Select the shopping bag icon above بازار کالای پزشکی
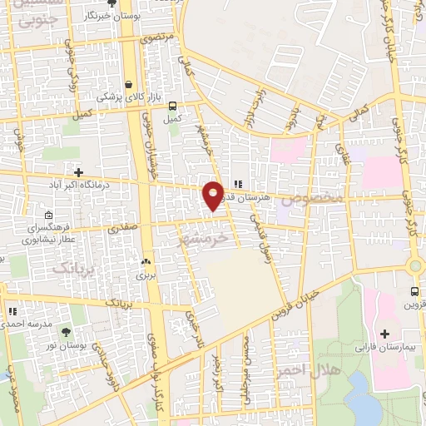[128, 84]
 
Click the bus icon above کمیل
[172, 106]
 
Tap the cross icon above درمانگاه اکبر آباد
[79, 171]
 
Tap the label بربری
[146, 273]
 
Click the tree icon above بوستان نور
[66, 334]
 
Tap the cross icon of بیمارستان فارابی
[384, 334]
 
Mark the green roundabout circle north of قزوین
[415, 265]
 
